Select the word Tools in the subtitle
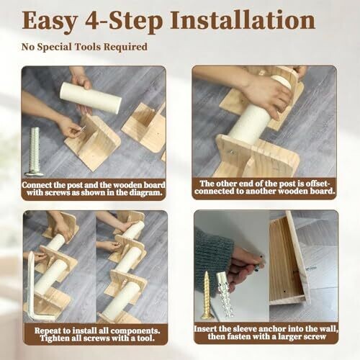89,47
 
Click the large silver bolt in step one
35,152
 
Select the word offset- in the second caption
318,184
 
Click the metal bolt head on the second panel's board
232,152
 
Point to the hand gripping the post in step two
266,96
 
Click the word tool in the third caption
145,338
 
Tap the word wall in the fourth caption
330,328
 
